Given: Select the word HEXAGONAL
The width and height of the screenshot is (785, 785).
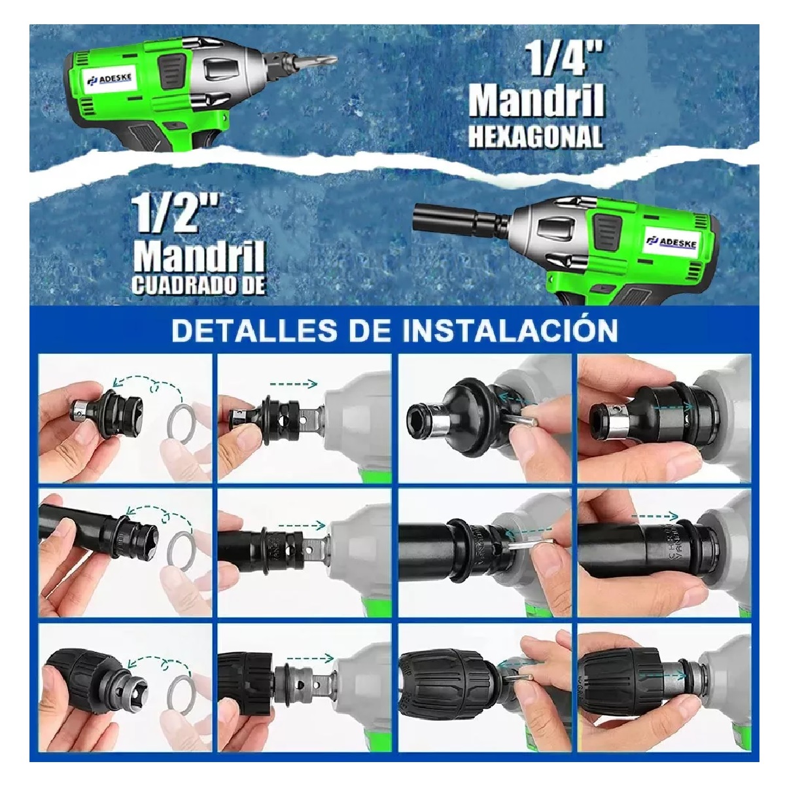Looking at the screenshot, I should pyautogui.click(x=535, y=136).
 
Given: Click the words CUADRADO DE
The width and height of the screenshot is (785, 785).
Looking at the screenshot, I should pyautogui.click(x=199, y=285).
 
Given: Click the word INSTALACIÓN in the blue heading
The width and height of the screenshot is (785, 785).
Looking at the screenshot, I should pyautogui.click(x=510, y=330).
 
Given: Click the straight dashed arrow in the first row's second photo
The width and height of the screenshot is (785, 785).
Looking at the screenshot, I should pyautogui.click(x=293, y=385).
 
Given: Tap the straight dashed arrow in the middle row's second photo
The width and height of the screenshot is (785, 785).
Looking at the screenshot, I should pyautogui.click(x=302, y=524).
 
